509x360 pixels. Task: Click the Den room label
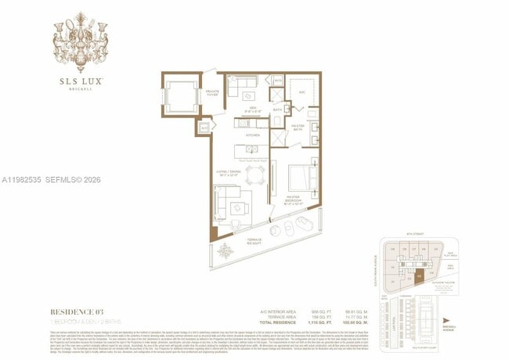[x=253, y=108]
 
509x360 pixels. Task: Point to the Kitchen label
[x=252, y=135]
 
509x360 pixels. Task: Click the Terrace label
[x=254, y=239]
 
